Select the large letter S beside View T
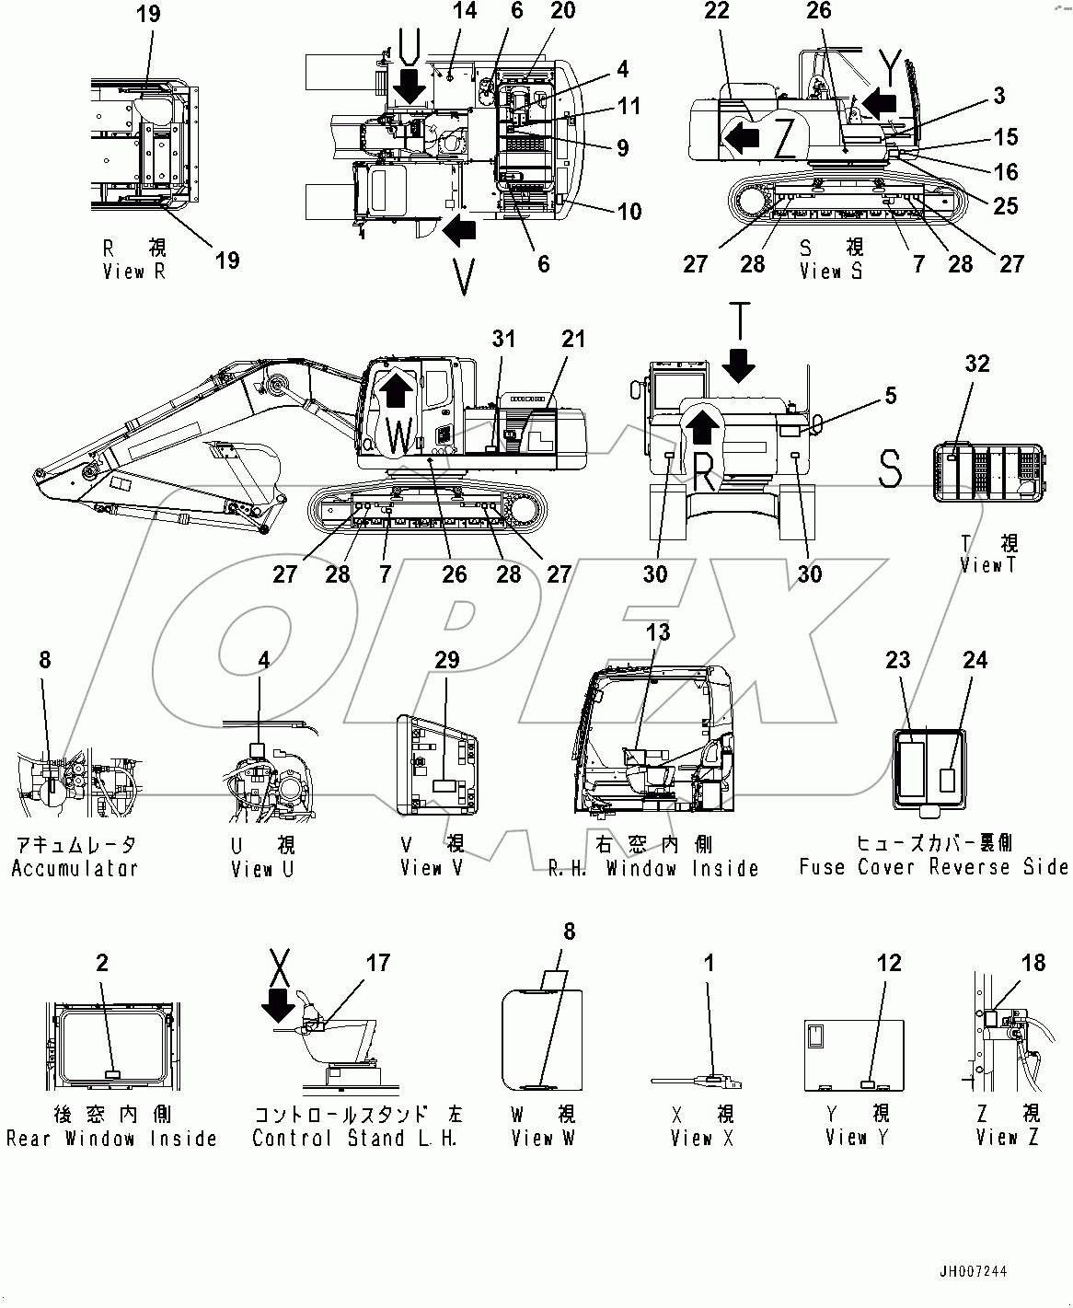coord(890,468)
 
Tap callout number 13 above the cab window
coord(658,632)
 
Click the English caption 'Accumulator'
coord(75,868)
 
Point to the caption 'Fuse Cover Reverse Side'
coord(933,867)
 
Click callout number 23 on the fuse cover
coord(898,660)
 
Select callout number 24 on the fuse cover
coord(975,660)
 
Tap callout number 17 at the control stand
coord(378,963)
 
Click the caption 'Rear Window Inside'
coord(111,1139)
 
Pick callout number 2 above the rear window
coord(102,963)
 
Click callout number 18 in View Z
coord(1033,963)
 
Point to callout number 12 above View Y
coord(889,963)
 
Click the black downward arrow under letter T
coord(738,368)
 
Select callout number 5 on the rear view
coord(889,396)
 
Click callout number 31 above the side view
coord(503,339)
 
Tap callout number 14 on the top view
coord(465,12)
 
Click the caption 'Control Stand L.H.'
coord(357,1139)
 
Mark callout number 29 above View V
coord(446,660)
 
